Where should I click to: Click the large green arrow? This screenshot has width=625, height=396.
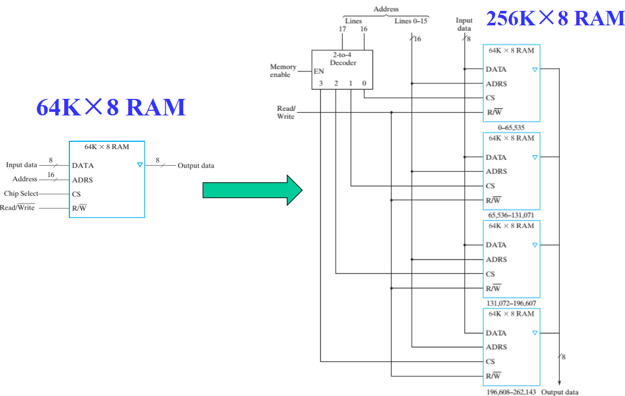[252, 190]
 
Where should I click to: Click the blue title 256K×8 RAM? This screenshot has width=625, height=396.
[555, 19]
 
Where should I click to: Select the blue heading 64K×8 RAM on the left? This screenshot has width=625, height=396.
[111, 108]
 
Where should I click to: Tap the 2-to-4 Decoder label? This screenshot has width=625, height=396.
[343, 58]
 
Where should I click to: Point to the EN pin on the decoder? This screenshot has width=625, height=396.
[319, 71]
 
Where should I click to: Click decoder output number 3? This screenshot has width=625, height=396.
[321, 83]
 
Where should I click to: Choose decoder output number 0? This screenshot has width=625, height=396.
[364, 83]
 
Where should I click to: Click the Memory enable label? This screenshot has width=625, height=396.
[283, 70]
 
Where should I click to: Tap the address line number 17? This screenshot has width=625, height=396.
[342, 30]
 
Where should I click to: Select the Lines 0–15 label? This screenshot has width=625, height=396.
[411, 21]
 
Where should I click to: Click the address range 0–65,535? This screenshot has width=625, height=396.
[511, 127]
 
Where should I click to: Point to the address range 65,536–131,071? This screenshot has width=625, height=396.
[511, 215]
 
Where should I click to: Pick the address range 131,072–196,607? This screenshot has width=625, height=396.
[511, 303]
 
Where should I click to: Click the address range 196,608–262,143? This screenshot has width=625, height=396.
[511, 392]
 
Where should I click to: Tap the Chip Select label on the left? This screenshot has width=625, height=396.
[21, 194]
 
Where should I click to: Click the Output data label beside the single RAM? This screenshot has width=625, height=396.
[196, 166]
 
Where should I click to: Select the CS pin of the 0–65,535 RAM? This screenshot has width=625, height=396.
[490, 98]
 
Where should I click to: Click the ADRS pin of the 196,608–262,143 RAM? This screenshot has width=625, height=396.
[496, 347]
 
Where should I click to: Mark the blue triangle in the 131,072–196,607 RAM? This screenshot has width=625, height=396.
[535, 245]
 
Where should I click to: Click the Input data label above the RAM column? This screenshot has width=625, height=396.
[464, 24]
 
